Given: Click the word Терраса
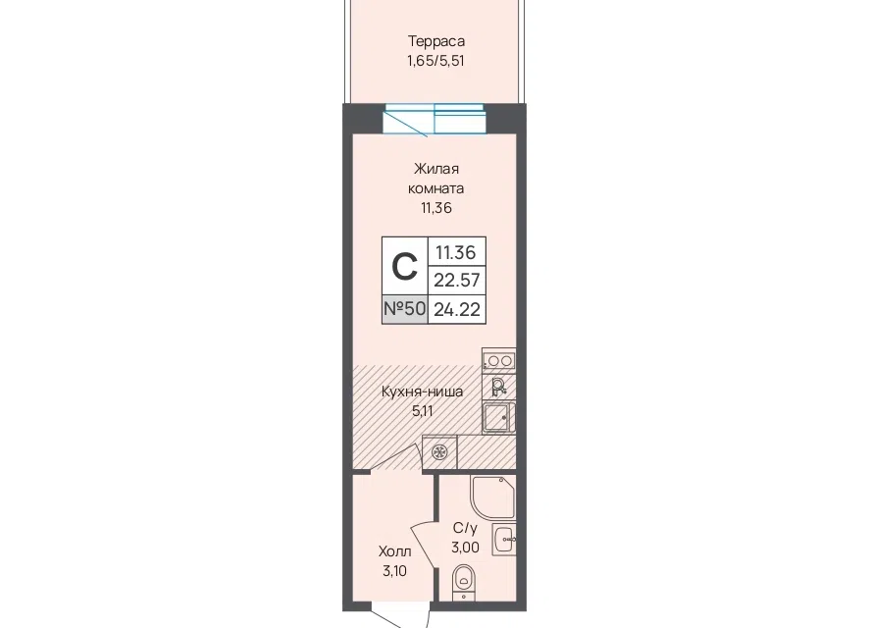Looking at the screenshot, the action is click(x=436, y=41).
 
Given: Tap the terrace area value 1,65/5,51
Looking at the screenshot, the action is click(x=435, y=61).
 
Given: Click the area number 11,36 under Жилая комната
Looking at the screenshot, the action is click(x=436, y=208).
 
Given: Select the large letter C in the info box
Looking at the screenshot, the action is click(x=404, y=267).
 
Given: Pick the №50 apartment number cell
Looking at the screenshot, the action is click(x=404, y=309).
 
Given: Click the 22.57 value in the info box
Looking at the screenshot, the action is click(x=457, y=280).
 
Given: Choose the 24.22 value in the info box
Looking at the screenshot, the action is click(x=457, y=309).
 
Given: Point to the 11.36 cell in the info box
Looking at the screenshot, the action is click(x=455, y=252).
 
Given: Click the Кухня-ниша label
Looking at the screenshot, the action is click(x=423, y=392).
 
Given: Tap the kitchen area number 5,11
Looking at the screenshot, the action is click(x=423, y=411).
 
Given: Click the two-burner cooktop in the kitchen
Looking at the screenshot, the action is click(x=499, y=361).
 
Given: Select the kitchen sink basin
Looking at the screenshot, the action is click(x=497, y=417).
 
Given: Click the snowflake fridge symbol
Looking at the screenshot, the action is click(x=439, y=452).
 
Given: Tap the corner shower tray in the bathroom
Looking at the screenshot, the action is click(x=492, y=497).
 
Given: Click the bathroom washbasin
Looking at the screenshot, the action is click(x=504, y=539).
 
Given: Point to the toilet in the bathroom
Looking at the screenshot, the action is click(x=464, y=582).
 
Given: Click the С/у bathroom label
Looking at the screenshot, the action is click(x=465, y=527).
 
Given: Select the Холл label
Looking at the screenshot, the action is click(x=394, y=551).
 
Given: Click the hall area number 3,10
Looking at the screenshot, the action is click(x=394, y=571).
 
